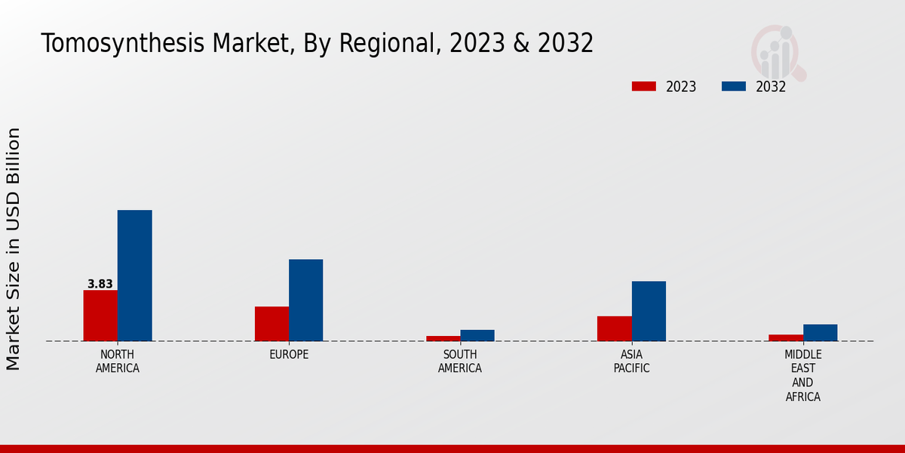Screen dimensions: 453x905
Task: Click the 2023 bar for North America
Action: (100, 316)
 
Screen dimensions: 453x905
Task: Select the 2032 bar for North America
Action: (134, 276)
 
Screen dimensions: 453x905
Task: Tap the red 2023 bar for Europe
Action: (271, 324)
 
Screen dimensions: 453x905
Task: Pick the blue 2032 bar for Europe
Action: (305, 300)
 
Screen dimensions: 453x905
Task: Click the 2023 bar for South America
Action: (443, 338)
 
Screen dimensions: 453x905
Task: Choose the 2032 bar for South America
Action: (477, 335)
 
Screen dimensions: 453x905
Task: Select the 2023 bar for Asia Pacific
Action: (615, 328)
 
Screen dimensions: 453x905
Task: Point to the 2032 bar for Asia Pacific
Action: (649, 311)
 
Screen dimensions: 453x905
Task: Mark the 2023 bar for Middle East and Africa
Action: (786, 337)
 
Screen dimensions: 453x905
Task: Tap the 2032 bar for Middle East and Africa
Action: (820, 333)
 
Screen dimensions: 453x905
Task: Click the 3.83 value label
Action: (100, 285)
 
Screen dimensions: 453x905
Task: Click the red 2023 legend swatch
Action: (644, 87)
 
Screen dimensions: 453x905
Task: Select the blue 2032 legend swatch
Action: (734, 87)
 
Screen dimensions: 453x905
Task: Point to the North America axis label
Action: (118, 362)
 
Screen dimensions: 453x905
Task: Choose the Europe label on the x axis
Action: (289, 355)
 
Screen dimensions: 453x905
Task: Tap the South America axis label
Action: (460, 362)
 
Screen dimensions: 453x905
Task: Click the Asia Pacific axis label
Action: (632, 362)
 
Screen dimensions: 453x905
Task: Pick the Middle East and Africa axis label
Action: (803, 375)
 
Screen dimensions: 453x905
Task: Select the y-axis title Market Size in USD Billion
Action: (14, 249)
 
